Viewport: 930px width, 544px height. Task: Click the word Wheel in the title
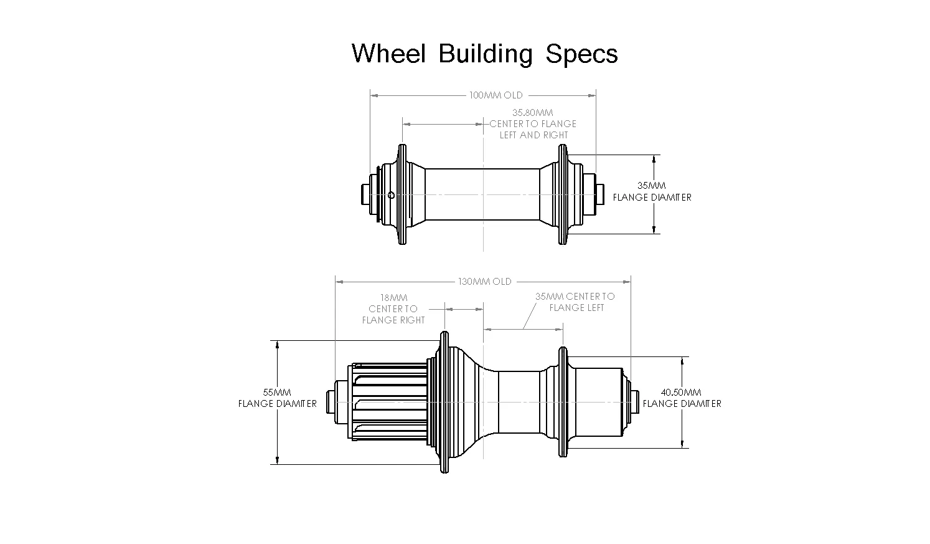click(388, 54)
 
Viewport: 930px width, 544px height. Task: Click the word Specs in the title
click(581, 55)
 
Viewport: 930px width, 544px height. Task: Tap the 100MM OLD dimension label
click(496, 95)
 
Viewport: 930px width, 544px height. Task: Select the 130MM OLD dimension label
click(485, 282)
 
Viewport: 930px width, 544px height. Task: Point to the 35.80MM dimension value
click(532, 113)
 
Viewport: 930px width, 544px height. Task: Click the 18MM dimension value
click(393, 298)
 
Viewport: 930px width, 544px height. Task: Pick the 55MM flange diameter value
click(277, 393)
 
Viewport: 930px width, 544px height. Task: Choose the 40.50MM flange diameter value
click(681, 393)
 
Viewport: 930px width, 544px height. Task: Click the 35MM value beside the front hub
click(652, 186)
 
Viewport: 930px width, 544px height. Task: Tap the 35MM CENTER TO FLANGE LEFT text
click(575, 302)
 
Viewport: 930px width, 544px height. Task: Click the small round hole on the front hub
click(390, 195)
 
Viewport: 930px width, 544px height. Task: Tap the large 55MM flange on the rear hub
click(444, 403)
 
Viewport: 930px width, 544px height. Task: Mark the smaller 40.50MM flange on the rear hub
click(563, 403)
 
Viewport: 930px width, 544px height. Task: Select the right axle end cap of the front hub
click(599, 194)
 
